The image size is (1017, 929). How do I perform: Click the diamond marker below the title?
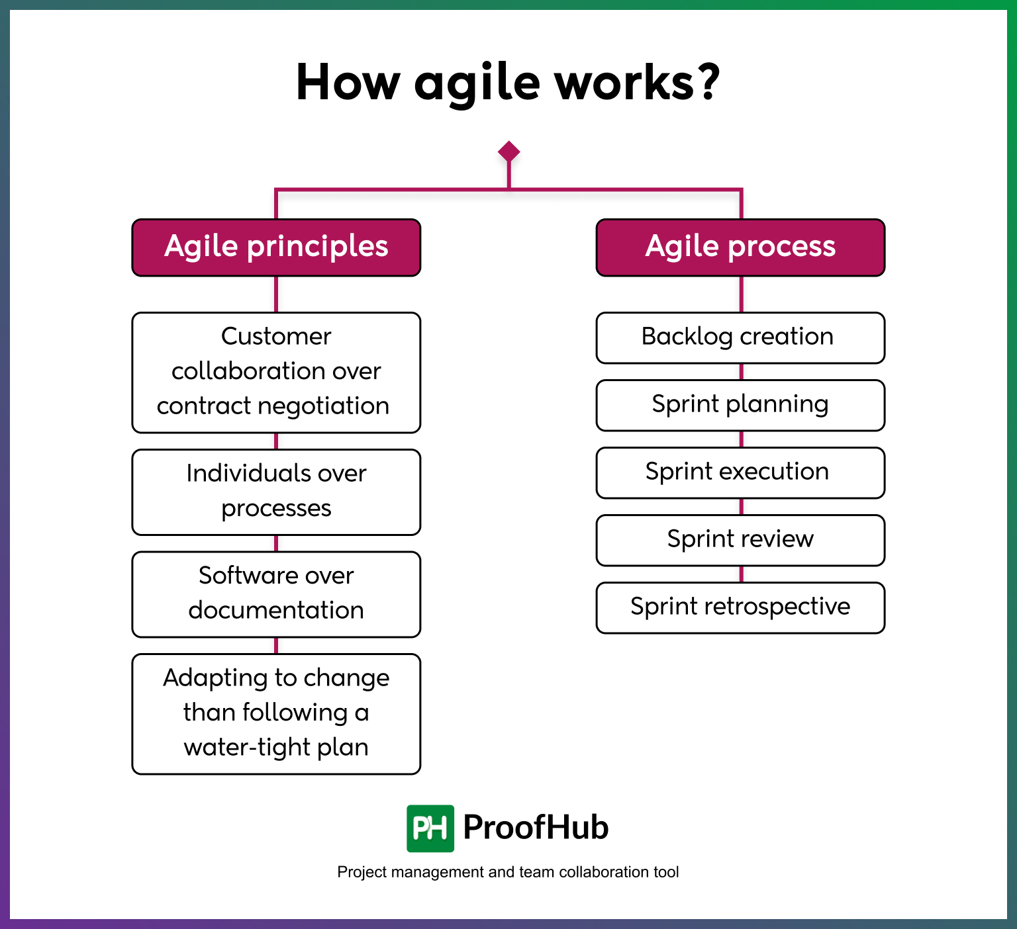(x=508, y=152)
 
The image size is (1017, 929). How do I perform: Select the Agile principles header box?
(x=276, y=247)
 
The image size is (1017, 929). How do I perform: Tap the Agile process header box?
(x=740, y=247)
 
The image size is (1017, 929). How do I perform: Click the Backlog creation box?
(x=740, y=337)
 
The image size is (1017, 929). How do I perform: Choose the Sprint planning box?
(x=740, y=405)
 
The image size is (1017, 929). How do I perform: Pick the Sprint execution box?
(x=740, y=472)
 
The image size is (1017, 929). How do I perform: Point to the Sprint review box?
(x=740, y=540)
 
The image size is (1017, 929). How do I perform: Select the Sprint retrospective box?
(x=740, y=607)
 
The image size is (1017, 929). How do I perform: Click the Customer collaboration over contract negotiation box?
(x=276, y=372)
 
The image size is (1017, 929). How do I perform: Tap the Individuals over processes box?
(x=276, y=492)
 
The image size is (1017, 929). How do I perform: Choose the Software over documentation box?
(x=276, y=594)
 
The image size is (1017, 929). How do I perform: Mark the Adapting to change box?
(x=276, y=713)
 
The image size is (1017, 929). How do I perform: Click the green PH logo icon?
(x=430, y=828)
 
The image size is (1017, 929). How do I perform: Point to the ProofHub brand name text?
(x=536, y=827)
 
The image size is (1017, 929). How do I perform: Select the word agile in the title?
(x=477, y=83)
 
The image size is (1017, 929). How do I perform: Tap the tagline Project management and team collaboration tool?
(x=508, y=872)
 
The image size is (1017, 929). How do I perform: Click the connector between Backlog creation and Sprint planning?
(x=741, y=372)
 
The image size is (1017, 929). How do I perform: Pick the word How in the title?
(x=348, y=82)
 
